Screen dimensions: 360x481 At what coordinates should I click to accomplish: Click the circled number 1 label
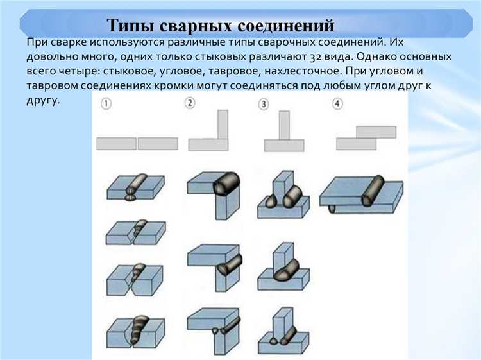pyautogui.click(x=106, y=103)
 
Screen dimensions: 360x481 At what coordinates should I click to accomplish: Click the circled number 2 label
pyautogui.click(x=190, y=103)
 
